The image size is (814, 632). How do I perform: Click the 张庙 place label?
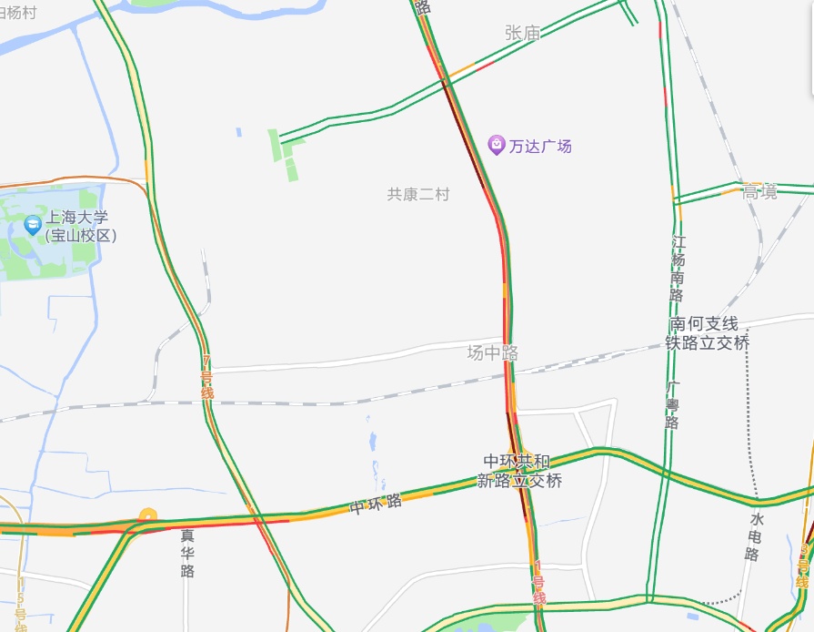[522, 33]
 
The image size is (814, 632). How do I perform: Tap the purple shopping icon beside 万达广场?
[496, 144]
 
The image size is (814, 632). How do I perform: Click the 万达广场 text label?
[540, 145]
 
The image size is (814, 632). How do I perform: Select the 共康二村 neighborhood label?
[418, 194]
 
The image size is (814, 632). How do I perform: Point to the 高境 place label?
[759, 191]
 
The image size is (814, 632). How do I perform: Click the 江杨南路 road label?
[678, 269]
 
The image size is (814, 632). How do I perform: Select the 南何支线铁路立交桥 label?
[708, 333]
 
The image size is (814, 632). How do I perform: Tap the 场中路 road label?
[492, 352]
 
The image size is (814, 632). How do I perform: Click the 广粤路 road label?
[672, 405]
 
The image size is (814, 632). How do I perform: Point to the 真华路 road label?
[187, 553]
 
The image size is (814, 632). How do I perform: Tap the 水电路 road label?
[754, 535]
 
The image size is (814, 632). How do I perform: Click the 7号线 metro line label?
[206, 377]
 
